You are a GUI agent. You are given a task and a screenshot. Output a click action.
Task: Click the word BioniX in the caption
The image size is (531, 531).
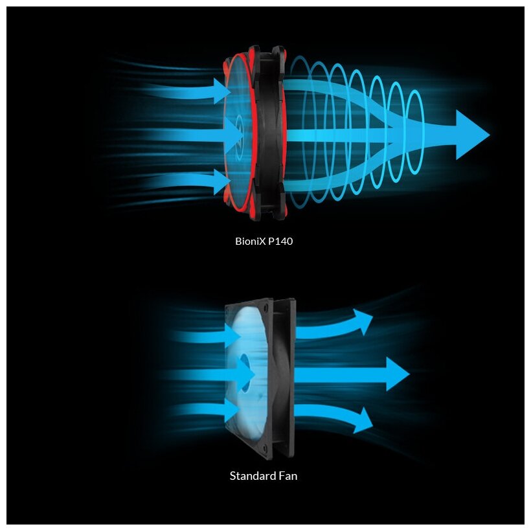[249, 242]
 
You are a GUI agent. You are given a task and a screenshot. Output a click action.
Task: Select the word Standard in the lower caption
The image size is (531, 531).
[251, 476]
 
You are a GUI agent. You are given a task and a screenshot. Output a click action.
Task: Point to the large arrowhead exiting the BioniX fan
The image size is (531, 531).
[471, 135]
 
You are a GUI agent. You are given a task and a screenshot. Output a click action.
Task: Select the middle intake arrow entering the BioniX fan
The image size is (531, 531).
[194, 135]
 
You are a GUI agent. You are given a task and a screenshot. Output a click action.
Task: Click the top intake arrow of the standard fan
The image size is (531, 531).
[207, 335]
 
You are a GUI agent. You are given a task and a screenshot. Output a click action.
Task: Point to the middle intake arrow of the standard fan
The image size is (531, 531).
[214, 373]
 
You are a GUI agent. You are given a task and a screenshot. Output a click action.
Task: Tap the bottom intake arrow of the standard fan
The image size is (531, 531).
[207, 410]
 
